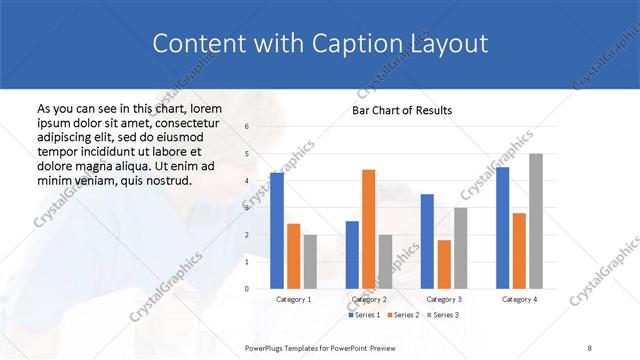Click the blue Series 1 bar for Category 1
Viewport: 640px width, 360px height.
point(277,231)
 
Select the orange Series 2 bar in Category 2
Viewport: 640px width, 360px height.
point(368,229)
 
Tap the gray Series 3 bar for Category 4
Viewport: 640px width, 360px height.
point(536,221)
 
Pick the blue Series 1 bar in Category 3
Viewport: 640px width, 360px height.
point(427,241)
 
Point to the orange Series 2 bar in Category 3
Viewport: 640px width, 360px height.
point(444,264)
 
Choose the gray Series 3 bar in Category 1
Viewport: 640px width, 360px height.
point(310,262)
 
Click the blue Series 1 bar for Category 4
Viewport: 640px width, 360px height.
point(503,228)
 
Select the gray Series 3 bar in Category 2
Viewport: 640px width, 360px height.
point(385,262)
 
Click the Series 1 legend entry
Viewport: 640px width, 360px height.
point(364,315)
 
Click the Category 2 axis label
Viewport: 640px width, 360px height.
point(369,299)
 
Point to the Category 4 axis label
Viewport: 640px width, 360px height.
point(519,299)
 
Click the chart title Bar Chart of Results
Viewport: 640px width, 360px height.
point(402,110)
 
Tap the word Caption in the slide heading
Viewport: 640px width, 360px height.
point(358,44)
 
